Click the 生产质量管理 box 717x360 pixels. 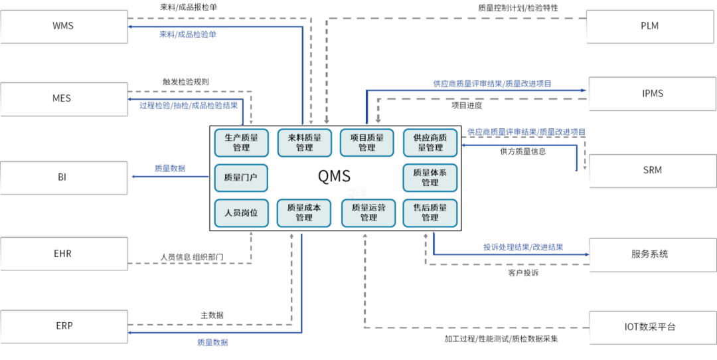point(241,143)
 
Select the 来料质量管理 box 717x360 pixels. point(304,143)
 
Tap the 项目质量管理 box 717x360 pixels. point(366,143)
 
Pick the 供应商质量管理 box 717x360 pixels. point(430,143)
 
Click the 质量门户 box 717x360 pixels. point(241,177)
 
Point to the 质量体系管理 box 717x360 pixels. point(430,177)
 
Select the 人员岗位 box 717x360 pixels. point(241,213)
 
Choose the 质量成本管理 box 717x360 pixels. point(304,213)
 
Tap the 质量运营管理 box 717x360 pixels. point(368,213)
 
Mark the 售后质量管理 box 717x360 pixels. point(430,213)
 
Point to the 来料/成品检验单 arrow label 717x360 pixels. point(188,35)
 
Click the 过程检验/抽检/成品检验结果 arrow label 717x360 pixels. point(189,106)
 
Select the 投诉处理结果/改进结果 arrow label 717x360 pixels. point(523,247)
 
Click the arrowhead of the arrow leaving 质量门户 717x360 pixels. point(133,177)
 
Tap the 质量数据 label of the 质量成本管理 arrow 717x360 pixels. point(212,342)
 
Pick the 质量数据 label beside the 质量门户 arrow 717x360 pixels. point(170,169)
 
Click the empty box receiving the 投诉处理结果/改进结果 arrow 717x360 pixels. point(653,255)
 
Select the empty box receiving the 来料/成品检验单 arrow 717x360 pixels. point(64,27)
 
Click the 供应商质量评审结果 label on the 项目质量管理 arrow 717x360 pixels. point(492,84)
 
